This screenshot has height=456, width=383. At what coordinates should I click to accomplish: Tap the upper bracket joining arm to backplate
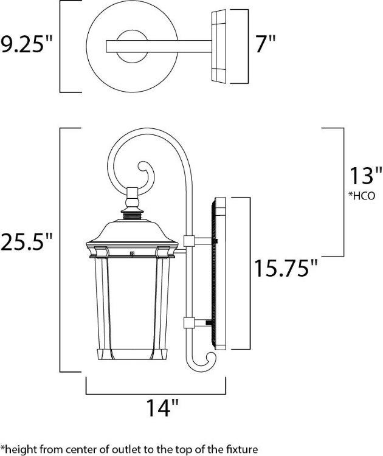point(189,241)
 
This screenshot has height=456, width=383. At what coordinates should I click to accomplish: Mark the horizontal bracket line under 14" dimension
point(156,392)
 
